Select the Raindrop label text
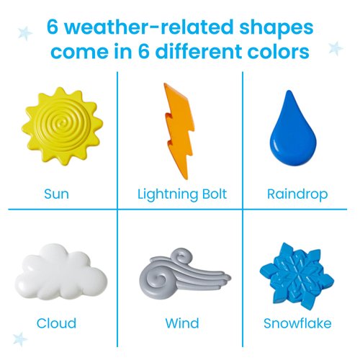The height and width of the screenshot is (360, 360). pyautogui.click(x=297, y=194)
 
